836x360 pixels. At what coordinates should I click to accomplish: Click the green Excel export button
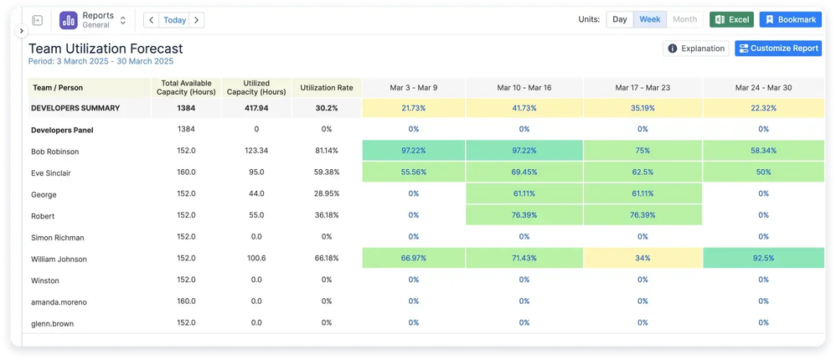731,20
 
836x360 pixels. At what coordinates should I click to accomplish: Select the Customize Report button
777,49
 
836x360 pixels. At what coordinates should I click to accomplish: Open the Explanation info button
695,49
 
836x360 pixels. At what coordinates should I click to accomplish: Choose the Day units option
619,20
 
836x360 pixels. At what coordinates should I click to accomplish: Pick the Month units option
684,20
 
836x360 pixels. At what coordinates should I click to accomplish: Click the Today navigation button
175,20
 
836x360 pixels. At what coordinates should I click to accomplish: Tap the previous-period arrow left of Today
151,20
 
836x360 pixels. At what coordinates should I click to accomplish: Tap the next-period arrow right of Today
197,20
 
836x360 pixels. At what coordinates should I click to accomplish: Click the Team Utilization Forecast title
106,49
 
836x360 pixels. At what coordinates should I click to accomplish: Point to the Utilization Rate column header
327,87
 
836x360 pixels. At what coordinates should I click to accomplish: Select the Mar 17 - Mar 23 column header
642,87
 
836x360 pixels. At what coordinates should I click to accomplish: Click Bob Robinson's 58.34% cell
763,150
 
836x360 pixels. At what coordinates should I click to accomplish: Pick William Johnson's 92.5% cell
763,259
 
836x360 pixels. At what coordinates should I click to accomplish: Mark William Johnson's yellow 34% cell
642,259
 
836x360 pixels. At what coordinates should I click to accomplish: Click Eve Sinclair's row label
53,172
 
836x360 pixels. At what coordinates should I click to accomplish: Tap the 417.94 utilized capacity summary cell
255,108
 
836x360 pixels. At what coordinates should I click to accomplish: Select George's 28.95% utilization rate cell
327,194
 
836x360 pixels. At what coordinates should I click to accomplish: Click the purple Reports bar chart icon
68,20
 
